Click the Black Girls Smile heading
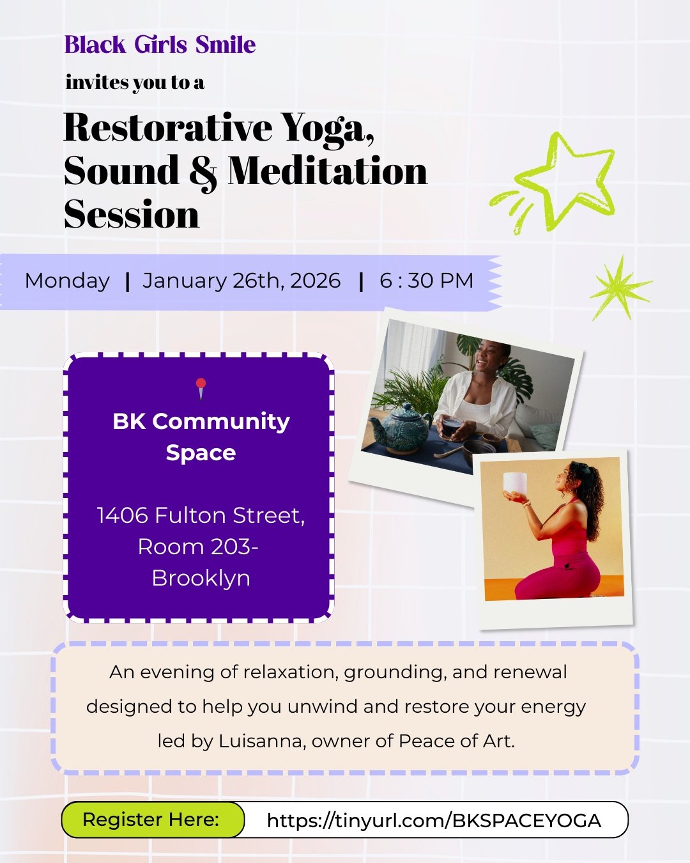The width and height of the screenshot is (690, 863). click(x=160, y=45)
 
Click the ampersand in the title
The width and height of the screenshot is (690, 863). click(x=203, y=173)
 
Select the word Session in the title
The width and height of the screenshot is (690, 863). click(x=132, y=214)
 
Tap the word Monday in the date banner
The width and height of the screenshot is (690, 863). click(x=67, y=281)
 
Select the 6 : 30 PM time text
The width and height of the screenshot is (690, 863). click(x=426, y=281)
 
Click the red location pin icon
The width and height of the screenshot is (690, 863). click(x=201, y=387)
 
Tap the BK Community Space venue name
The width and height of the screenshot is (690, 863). click(x=201, y=437)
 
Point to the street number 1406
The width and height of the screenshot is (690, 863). click(x=122, y=515)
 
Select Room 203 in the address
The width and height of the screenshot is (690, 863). click(x=195, y=547)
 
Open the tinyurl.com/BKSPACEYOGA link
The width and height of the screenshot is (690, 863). click(x=434, y=821)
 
